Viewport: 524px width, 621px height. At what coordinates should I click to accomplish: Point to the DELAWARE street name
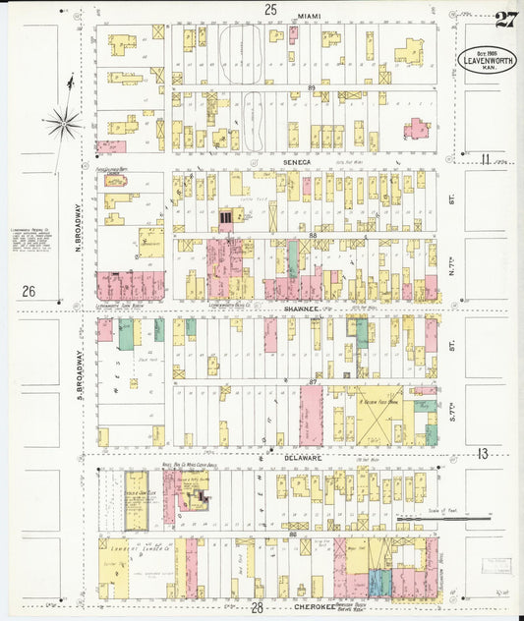[x=305, y=457]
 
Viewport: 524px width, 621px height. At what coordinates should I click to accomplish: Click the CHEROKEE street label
[x=317, y=607]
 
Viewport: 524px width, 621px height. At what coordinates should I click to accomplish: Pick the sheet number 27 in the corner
[x=505, y=19]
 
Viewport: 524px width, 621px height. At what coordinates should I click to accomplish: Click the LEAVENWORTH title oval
[x=489, y=61]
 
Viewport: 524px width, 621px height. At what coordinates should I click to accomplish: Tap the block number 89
[x=311, y=88]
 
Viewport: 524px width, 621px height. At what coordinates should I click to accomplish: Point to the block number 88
[x=311, y=236]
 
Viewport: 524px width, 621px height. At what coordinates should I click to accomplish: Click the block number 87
[x=313, y=381]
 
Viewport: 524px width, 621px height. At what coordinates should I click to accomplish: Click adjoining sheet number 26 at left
[x=29, y=291]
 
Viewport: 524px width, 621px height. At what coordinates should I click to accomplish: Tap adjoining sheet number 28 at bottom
[x=257, y=608]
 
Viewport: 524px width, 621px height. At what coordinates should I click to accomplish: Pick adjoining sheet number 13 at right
[x=483, y=453]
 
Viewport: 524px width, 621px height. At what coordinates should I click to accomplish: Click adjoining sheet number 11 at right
[x=485, y=158]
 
